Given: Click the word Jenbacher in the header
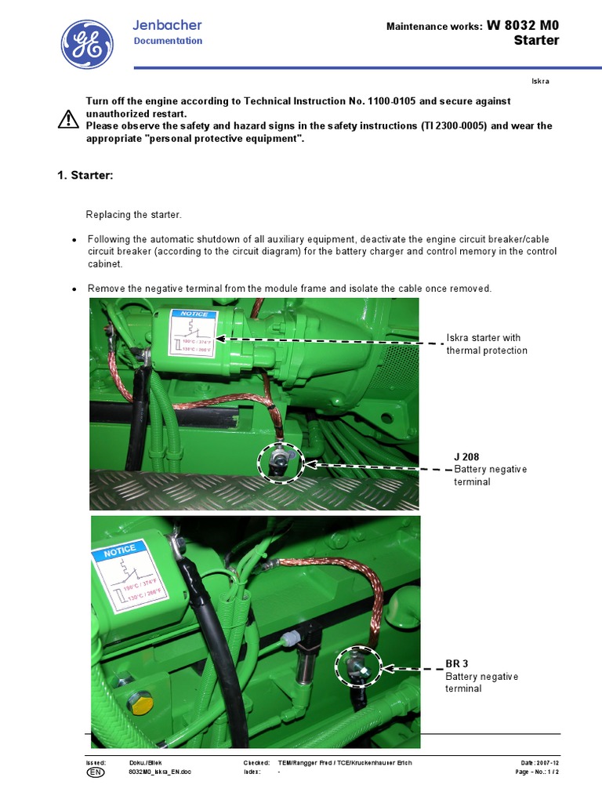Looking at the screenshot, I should tap(167, 26).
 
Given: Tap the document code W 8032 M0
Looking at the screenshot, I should tap(523, 25).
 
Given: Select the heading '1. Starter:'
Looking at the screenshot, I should tap(85, 176).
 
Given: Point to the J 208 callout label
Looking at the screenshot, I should tap(466, 456).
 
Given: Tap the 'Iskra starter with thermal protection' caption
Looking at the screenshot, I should tap(487, 344).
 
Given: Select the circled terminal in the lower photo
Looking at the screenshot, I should tap(358, 665).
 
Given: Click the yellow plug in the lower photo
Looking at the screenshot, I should tap(140, 702).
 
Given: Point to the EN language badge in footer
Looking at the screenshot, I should tap(93, 772).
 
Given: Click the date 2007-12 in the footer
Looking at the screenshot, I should tap(548, 763).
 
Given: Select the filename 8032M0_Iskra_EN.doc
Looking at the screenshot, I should tap(160, 772).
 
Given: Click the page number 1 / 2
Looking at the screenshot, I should tap(552, 772).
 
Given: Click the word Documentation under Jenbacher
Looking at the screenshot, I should tap(168, 41).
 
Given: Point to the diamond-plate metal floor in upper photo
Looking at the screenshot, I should tap(251, 490).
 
